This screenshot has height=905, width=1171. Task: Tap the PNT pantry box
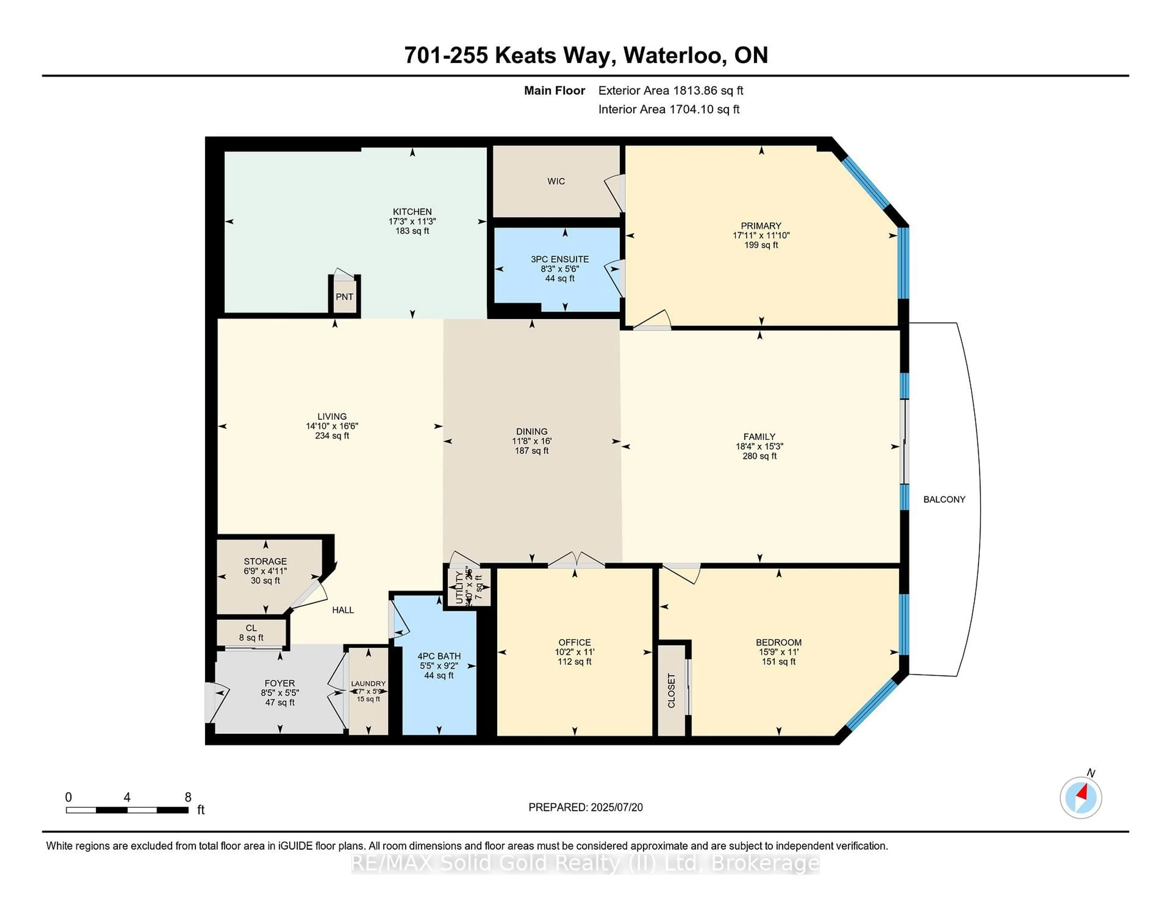pos(344,296)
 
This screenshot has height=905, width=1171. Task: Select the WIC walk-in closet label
pos(556,181)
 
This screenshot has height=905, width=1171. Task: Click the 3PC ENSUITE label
pos(560,259)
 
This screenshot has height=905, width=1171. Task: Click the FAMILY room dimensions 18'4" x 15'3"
pos(759,446)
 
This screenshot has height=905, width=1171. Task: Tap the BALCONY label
pos(944,499)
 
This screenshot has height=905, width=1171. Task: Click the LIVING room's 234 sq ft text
pos(332,436)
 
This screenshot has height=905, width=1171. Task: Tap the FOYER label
pos(279,683)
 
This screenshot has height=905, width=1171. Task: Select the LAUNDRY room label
pos(368,684)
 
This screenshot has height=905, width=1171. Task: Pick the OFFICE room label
pos(574,642)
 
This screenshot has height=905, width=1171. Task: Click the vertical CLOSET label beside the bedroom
pos(671,691)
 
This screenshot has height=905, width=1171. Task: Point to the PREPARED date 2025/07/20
pos(585,807)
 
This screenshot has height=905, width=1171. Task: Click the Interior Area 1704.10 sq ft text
pos(669,109)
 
